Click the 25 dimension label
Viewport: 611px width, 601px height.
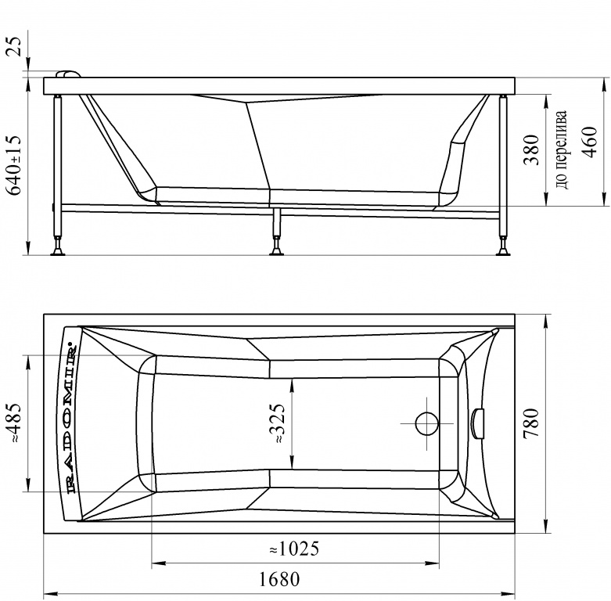(x=14, y=46)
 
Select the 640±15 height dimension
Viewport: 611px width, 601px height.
(x=14, y=165)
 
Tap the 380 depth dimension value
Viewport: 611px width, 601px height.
(x=531, y=150)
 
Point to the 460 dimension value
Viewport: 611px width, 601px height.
(x=589, y=142)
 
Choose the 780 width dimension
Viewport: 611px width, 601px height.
(x=531, y=423)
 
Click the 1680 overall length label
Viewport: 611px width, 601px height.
(x=279, y=580)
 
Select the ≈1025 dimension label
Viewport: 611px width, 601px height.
(x=294, y=549)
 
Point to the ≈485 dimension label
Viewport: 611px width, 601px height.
(x=14, y=423)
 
